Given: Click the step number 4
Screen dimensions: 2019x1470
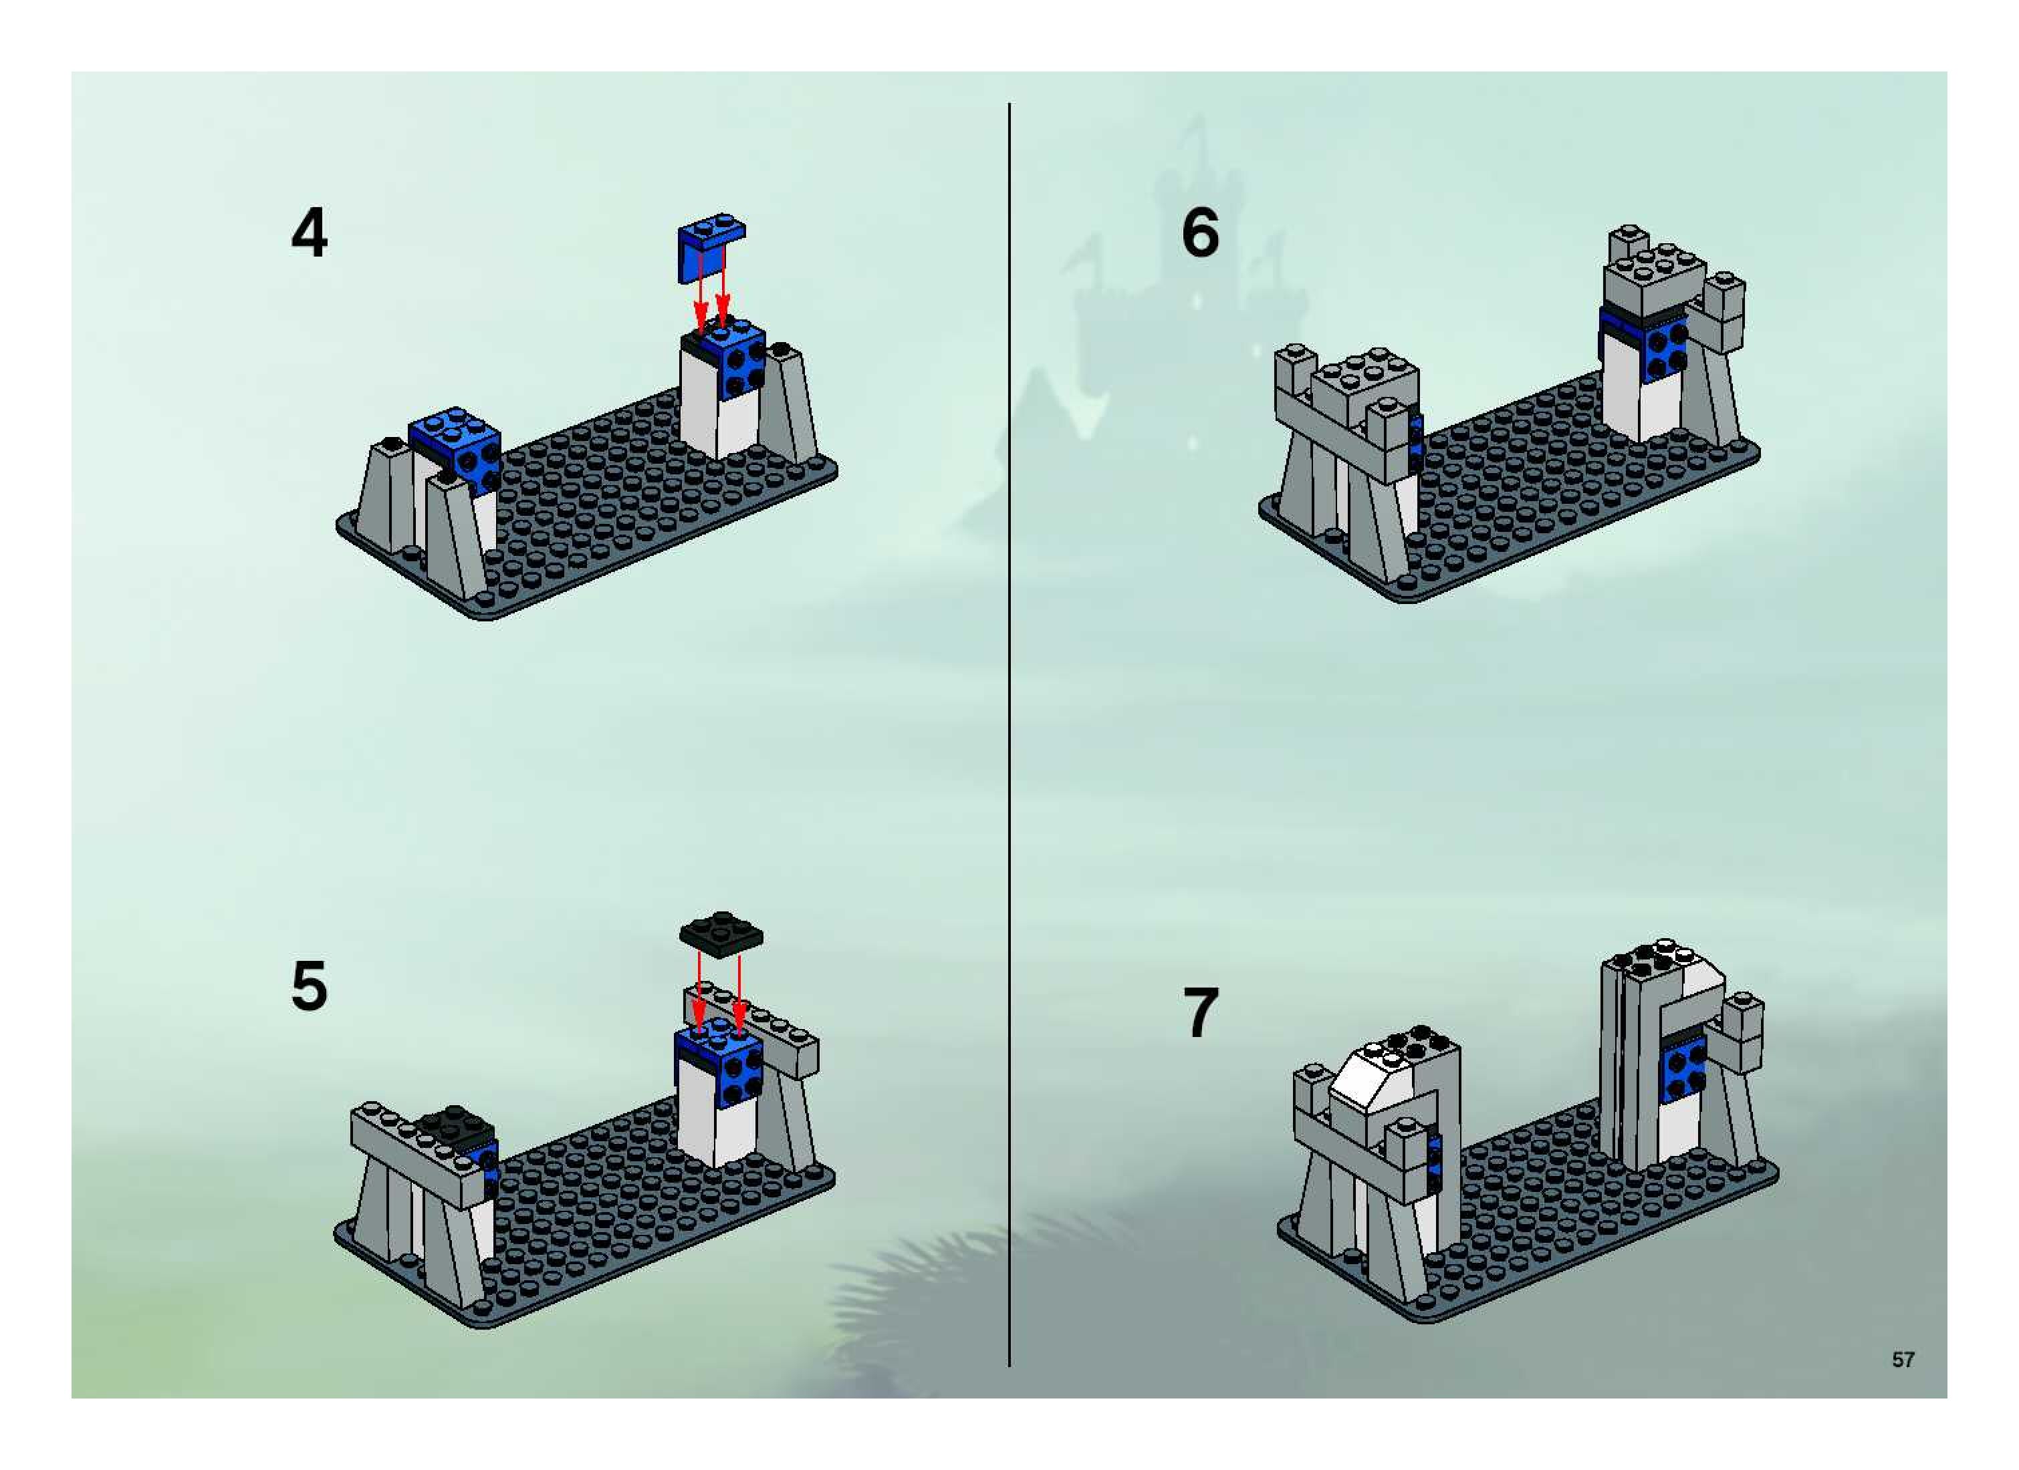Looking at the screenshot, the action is click(x=309, y=233).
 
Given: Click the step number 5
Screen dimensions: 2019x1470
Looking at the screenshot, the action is click(x=309, y=986).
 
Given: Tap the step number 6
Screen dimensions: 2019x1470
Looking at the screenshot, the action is click(x=1200, y=233).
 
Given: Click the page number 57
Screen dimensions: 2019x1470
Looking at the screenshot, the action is click(x=1903, y=1360).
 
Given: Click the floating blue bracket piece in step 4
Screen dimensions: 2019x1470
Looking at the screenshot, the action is click(x=709, y=247).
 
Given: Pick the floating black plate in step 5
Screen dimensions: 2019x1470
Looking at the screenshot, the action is click(x=721, y=933).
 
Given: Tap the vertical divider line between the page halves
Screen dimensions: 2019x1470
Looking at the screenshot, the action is click(x=1009, y=734).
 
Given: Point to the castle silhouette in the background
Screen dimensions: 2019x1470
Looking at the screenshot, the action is click(x=1184, y=293).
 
